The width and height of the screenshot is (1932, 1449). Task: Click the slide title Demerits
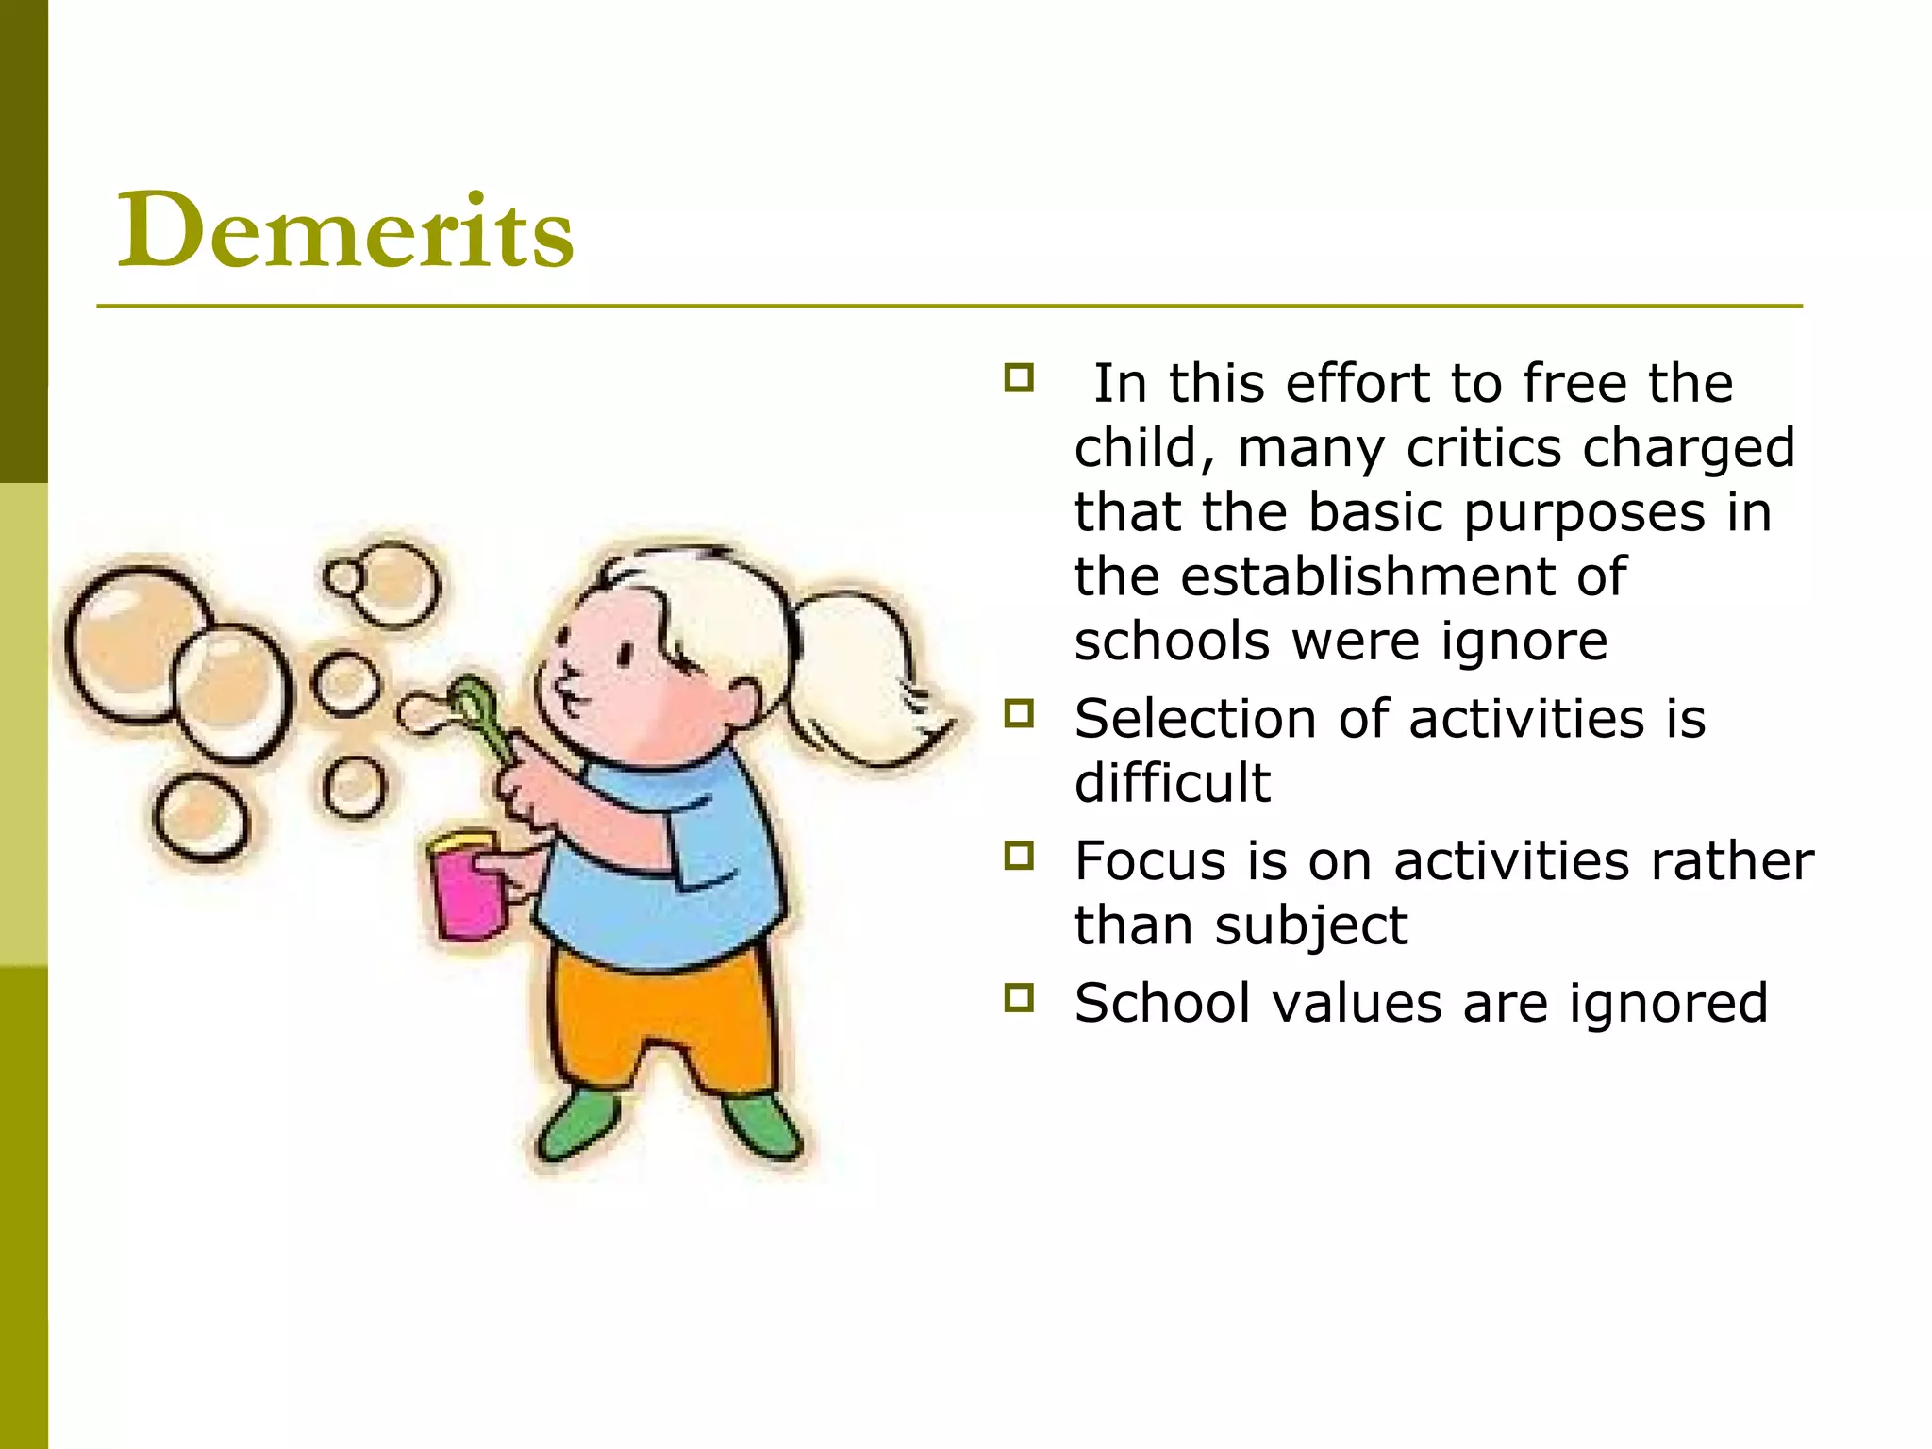pos(345,230)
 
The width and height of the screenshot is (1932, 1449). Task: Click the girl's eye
pos(625,653)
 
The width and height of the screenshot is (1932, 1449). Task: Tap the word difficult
pos(1173,783)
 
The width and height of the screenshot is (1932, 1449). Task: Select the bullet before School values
pos(1019,997)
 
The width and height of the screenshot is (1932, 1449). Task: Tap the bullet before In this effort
pos(1019,378)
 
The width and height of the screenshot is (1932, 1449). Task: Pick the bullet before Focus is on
pos(1019,856)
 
